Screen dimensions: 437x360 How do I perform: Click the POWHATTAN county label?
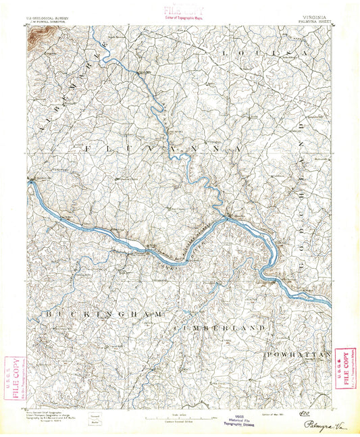click(297, 354)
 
